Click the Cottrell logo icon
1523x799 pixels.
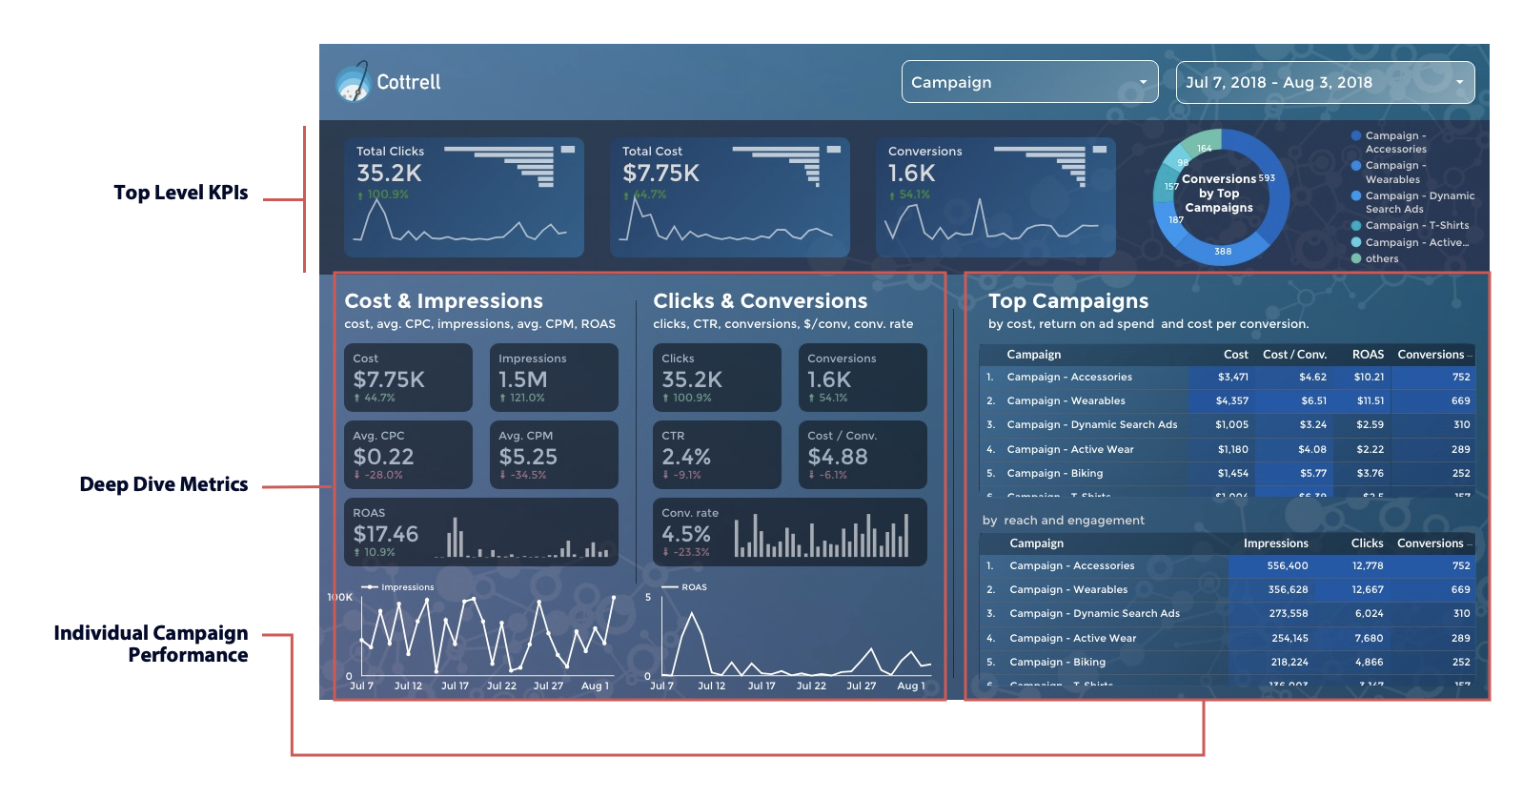[x=352, y=82]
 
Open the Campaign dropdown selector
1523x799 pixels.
[x=1029, y=82]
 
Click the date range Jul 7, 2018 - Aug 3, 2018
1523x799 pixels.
[x=1325, y=82]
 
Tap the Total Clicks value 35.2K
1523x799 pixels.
[x=389, y=174]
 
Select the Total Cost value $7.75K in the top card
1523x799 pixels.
[x=660, y=174]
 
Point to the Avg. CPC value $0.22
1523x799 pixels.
[x=383, y=457]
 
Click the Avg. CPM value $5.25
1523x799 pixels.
[x=528, y=457]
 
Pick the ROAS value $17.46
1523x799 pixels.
[x=386, y=534]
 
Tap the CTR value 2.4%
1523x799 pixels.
[x=686, y=457]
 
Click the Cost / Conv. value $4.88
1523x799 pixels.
[x=838, y=457]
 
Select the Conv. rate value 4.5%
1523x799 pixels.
[x=686, y=534]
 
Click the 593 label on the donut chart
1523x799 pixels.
[x=1267, y=178]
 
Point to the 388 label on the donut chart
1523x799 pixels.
[x=1223, y=252]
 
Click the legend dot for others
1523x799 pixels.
[x=1356, y=258]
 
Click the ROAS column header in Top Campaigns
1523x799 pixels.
[x=1368, y=355]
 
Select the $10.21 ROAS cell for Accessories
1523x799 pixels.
[x=1369, y=378]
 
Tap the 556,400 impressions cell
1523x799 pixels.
[x=1288, y=566]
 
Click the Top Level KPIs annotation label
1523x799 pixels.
[x=181, y=193]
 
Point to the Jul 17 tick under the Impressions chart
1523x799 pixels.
[x=455, y=686]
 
